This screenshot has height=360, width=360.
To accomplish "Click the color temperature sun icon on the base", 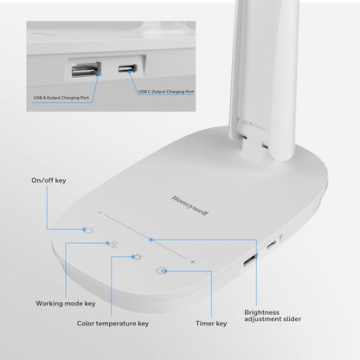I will (x=136, y=257).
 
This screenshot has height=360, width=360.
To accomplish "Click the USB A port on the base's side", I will (x=249, y=261).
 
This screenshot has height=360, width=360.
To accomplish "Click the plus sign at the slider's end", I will (x=193, y=260).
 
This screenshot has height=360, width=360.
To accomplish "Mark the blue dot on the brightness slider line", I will (x=151, y=239).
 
